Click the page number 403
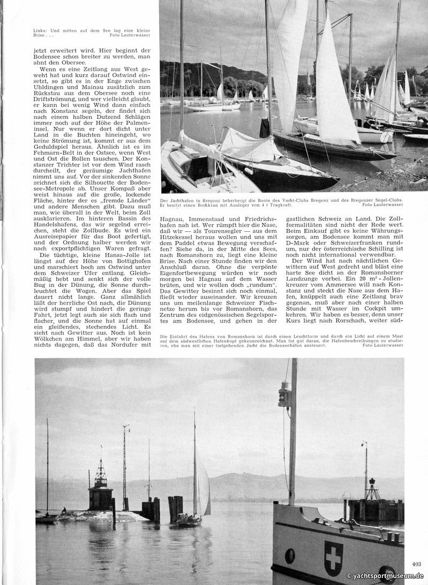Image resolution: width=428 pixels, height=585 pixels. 417,564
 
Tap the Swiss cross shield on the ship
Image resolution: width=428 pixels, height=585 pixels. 334,558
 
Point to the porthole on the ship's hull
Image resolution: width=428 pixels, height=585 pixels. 290,556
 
